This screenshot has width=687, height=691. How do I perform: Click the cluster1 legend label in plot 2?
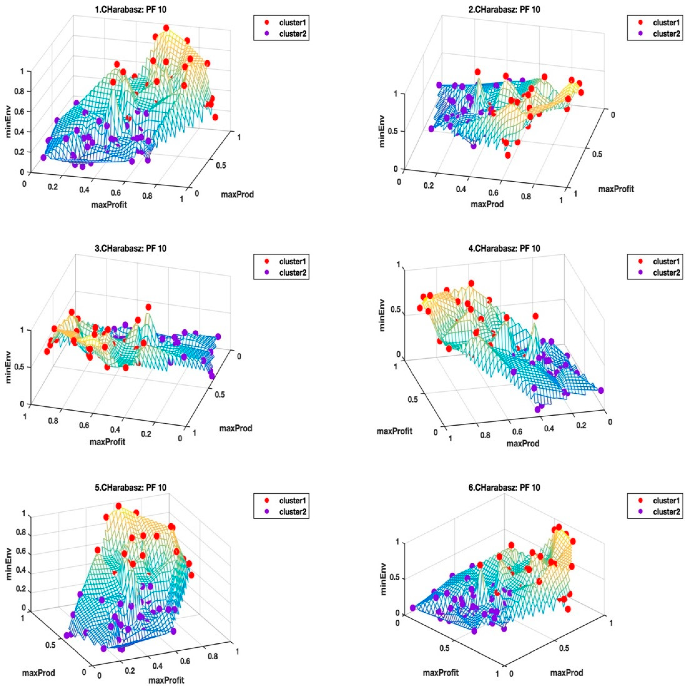(666, 22)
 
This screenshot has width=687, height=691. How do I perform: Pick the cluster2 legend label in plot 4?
(666, 273)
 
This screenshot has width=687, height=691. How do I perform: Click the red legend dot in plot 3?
(267, 261)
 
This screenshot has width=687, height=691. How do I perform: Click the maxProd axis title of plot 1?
(237, 195)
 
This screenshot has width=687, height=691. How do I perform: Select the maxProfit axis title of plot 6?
(441, 673)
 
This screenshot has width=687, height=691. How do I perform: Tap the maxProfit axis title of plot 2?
(616, 189)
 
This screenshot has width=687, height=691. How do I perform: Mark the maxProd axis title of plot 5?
(39, 673)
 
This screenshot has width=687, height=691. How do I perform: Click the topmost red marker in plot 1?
(166, 28)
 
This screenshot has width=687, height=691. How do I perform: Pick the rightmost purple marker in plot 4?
(601, 390)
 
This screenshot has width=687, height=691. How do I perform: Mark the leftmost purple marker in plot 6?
(413, 608)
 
